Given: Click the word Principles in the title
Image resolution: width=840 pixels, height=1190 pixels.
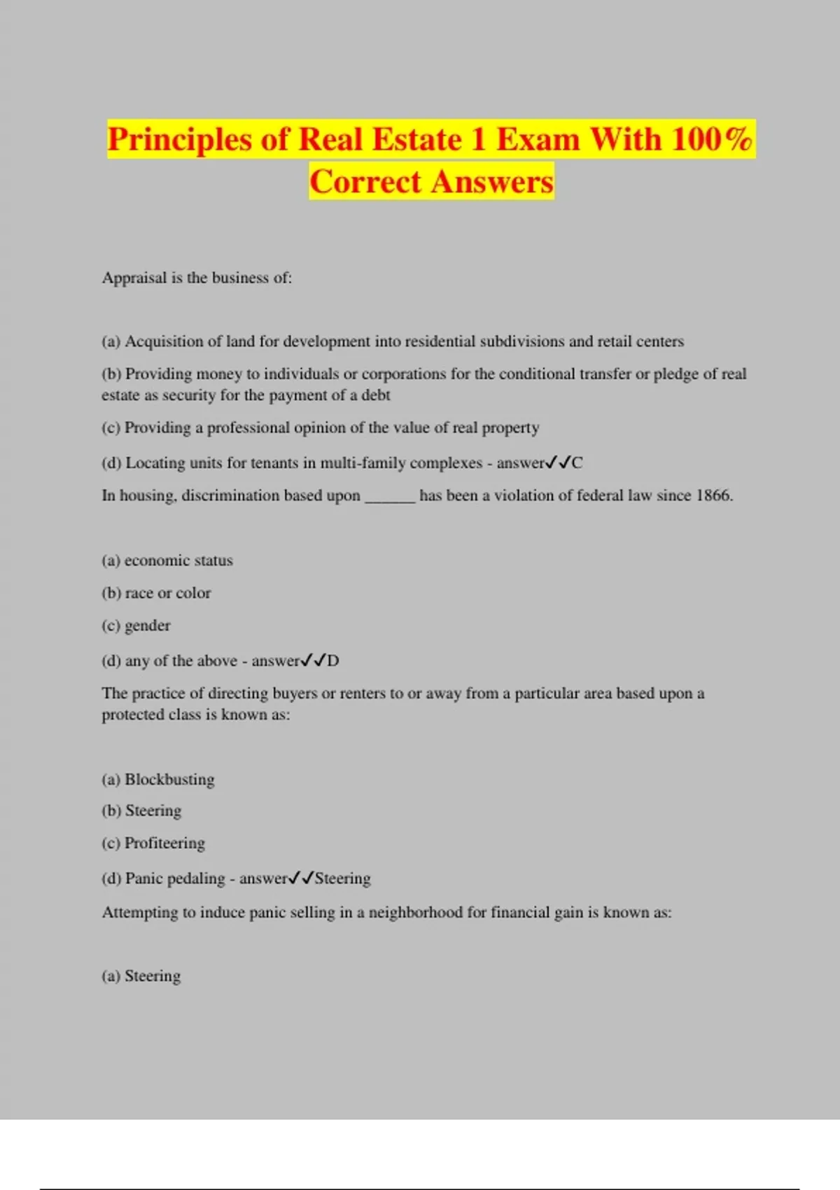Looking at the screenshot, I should pyautogui.click(x=178, y=139).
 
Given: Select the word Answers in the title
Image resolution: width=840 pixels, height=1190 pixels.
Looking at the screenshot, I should pyautogui.click(x=492, y=182).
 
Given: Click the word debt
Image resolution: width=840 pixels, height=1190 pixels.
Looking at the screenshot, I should pyautogui.click(x=376, y=395).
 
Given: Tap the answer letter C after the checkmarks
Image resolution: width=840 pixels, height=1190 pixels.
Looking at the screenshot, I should pyautogui.click(x=577, y=463).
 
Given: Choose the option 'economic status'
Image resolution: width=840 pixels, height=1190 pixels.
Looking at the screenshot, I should pyautogui.click(x=178, y=561).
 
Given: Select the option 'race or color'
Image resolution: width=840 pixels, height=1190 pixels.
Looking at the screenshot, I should pyautogui.click(x=168, y=593).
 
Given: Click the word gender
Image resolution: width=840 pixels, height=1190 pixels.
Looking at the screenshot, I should pyautogui.click(x=148, y=626).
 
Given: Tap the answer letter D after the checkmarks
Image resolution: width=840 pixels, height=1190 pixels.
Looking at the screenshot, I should pyautogui.click(x=333, y=661).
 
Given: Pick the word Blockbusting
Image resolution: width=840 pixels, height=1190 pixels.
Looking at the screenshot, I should pyautogui.click(x=169, y=780).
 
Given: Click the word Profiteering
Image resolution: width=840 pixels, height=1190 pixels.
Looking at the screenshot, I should pyautogui.click(x=164, y=843).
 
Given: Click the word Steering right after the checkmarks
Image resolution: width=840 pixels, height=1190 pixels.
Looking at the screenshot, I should pyautogui.click(x=342, y=878).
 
